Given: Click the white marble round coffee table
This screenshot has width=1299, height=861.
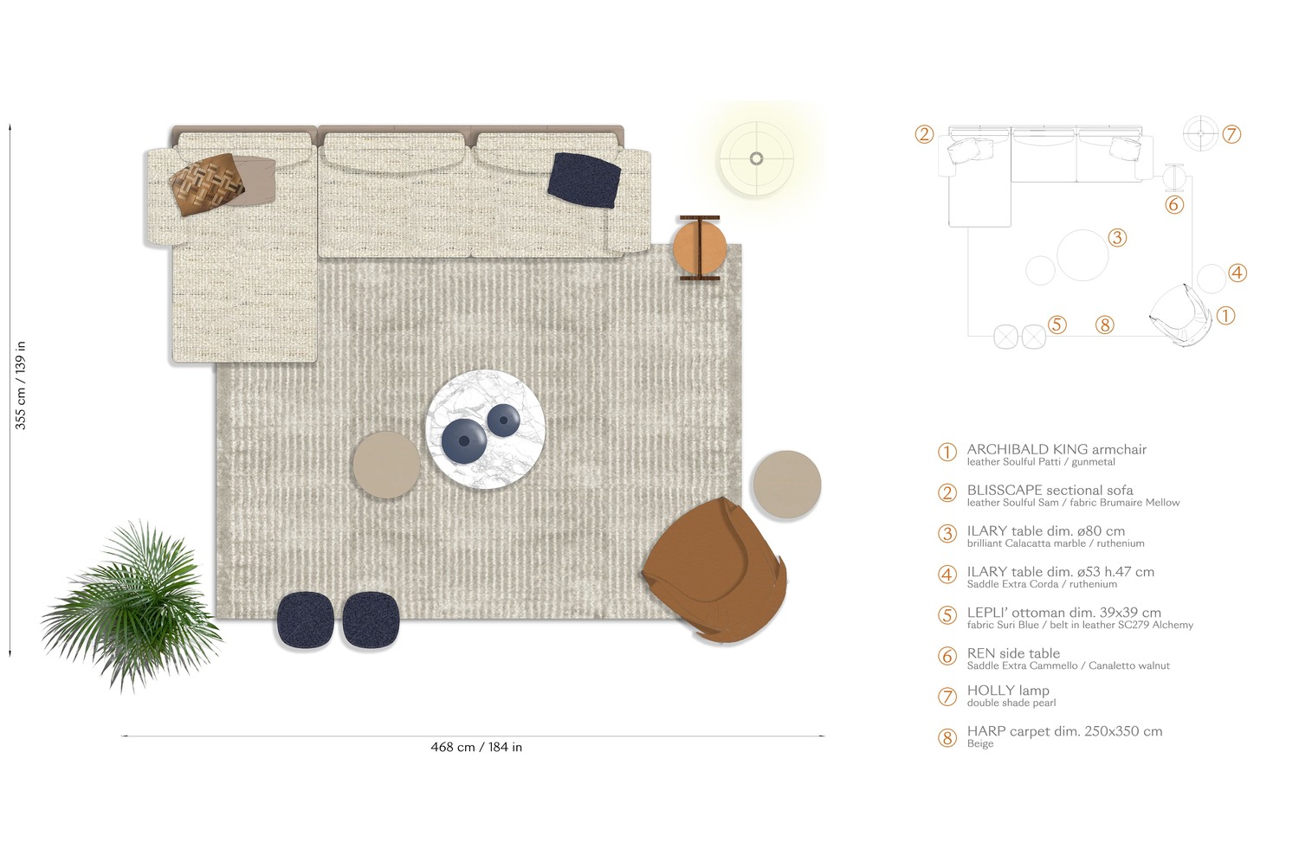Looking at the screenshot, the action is tap(485, 429).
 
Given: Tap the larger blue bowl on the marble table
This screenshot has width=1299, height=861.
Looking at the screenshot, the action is tap(464, 441).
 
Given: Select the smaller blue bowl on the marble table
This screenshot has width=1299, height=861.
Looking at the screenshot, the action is tap(503, 420).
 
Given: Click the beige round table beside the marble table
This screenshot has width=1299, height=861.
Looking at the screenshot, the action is tap(386, 465).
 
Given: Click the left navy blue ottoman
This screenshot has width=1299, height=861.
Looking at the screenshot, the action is tap(305, 620).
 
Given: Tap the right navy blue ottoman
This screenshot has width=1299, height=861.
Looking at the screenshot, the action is tap(371, 620).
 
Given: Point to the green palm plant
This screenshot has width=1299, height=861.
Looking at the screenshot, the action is tap(132, 606).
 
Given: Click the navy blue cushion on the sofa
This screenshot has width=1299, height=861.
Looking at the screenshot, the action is tap(584, 180).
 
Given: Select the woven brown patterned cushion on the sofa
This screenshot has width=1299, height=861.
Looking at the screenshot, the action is tap(207, 184).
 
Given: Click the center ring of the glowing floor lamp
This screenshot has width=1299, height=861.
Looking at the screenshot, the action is tap(756, 158).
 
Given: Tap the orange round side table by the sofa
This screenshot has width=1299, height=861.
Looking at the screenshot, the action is tap(700, 248).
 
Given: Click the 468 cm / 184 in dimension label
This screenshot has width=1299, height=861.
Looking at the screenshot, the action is tap(476, 748).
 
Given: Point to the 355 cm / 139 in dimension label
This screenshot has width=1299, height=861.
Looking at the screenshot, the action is tap(20, 385).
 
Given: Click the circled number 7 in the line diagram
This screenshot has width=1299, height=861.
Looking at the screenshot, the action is tap(1231, 134).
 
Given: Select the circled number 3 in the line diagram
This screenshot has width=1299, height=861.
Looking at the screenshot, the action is tap(1117, 238).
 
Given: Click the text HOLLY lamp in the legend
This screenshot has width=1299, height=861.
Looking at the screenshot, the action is tap(1008, 690).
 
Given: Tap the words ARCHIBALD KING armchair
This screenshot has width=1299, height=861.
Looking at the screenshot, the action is tap(1057, 449).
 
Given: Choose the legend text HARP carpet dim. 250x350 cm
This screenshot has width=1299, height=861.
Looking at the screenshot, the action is tap(1064, 731).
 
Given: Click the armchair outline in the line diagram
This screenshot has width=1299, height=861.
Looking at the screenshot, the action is tap(1180, 315).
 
